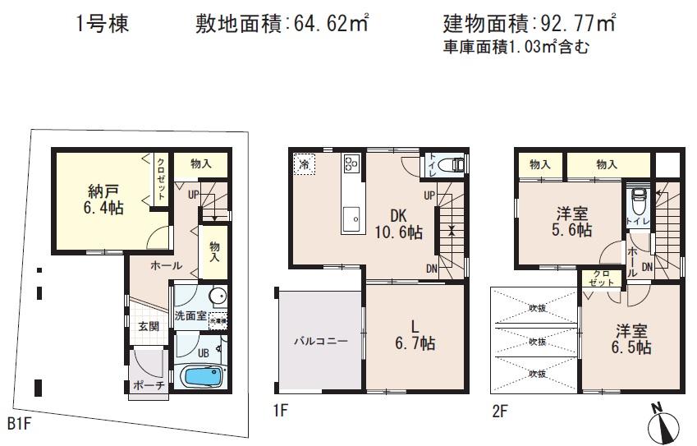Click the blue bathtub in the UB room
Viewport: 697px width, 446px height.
[x=202, y=379]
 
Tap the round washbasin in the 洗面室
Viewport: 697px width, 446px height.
[x=218, y=297]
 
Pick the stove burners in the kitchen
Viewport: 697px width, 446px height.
[x=351, y=163]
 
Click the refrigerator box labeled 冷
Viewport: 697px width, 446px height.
[x=305, y=163]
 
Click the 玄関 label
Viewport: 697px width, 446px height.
[x=149, y=326]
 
